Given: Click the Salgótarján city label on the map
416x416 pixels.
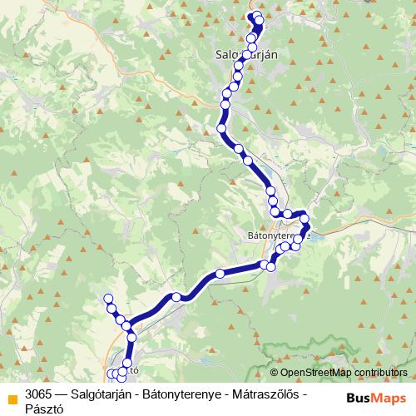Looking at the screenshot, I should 241,52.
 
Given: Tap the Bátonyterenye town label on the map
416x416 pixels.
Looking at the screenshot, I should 279,235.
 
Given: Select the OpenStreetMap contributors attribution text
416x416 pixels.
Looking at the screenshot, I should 344,372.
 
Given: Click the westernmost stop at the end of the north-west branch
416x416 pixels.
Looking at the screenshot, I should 106,299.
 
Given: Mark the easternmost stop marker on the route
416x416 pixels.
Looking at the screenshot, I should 305,219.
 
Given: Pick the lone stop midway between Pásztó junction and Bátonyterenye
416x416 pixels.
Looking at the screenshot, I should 176,297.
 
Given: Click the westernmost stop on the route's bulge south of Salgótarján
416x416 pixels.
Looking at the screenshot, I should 221,128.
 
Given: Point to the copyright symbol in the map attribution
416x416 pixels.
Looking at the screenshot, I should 274,372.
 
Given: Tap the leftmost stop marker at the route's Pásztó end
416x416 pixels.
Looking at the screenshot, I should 111,373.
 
